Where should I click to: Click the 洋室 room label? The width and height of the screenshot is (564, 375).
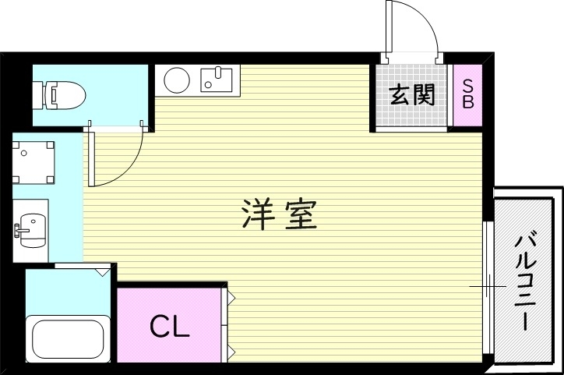tap(279, 214)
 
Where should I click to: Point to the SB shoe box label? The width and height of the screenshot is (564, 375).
tap(468, 94)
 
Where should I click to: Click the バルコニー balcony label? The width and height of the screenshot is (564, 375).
tap(523, 280)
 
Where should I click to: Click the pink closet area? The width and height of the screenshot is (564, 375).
tap(169, 326)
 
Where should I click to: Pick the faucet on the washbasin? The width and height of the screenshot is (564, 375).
tap(17, 228)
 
